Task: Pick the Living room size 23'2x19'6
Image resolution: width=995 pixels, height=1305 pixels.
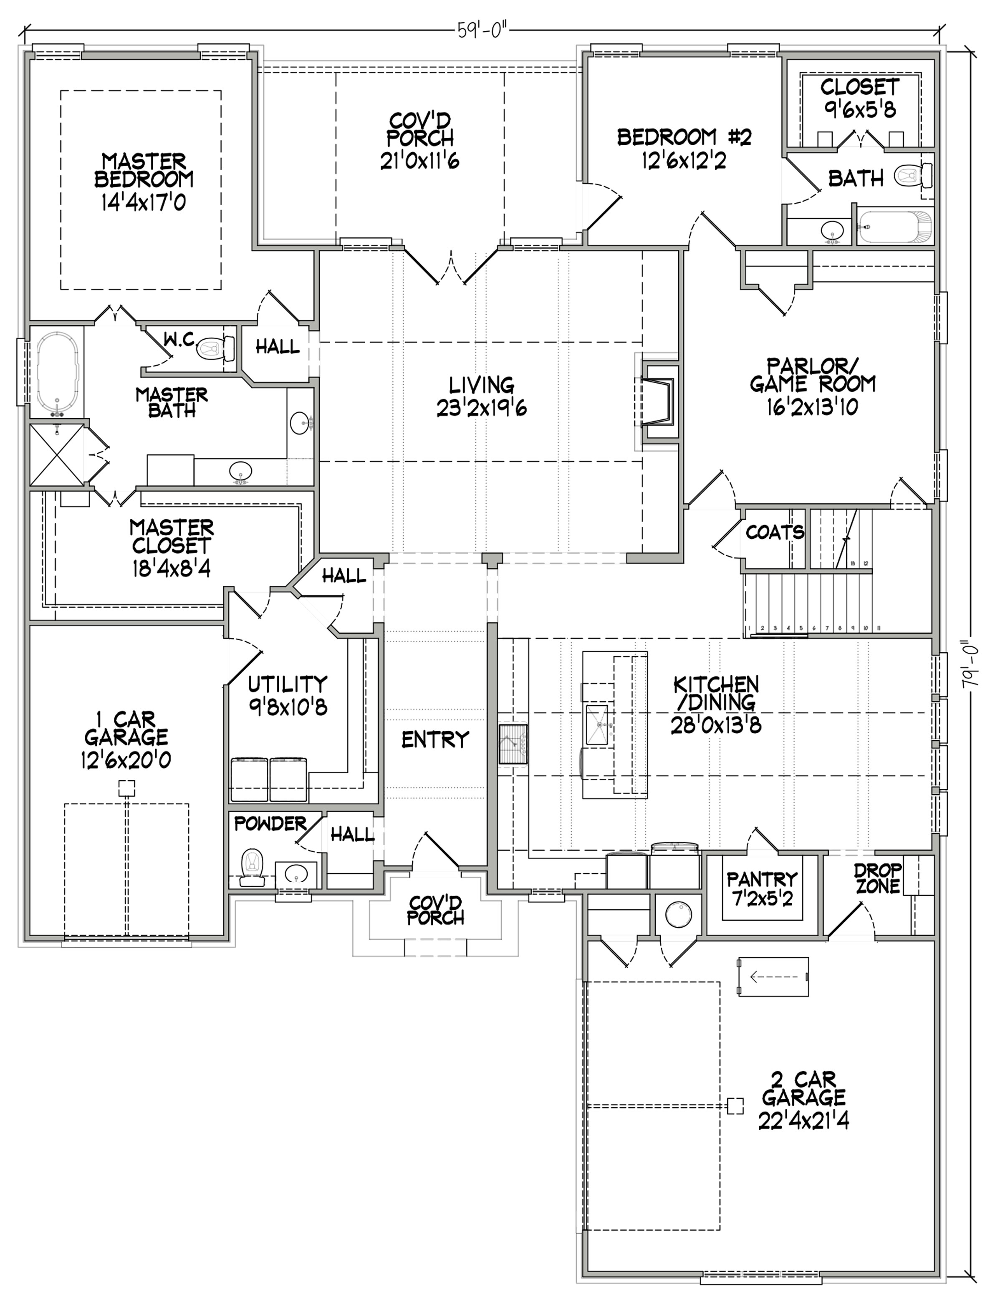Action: (x=482, y=408)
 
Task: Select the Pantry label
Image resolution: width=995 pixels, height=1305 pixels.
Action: (x=762, y=878)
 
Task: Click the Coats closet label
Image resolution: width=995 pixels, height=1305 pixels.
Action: (x=775, y=532)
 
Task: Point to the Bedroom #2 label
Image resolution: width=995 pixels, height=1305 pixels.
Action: (x=684, y=137)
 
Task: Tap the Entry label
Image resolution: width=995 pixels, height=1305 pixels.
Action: (x=435, y=740)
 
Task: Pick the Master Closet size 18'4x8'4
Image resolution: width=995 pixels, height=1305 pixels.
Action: (x=171, y=568)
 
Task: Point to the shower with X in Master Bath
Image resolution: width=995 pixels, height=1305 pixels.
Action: (x=57, y=455)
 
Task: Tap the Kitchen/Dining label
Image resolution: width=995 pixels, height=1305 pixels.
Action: (x=716, y=693)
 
